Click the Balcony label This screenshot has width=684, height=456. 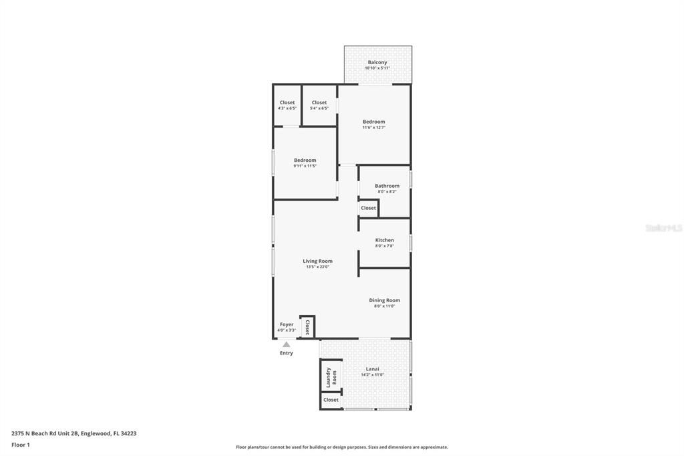(x=377, y=62)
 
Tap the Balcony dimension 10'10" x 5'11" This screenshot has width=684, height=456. (x=377, y=68)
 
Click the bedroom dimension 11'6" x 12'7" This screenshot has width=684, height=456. (x=374, y=128)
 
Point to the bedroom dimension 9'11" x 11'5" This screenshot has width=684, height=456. (x=305, y=166)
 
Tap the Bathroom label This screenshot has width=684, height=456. (x=387, y=186)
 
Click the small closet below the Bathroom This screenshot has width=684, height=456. (x=369, y=208)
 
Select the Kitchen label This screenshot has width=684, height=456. (x=384, y=240)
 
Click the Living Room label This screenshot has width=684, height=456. (x=317, y=261)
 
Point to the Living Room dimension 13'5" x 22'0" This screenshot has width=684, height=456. (x=317, y=267)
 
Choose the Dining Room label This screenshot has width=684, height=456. (x=384, y=300)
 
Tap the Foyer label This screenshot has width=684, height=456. (x=287, y=324)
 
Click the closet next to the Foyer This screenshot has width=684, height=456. (x=307, y=327)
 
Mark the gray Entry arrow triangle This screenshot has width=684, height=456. (x=287, y=344)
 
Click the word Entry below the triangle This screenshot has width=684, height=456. (x=287, y=353)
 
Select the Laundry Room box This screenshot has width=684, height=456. (x=331, y=376)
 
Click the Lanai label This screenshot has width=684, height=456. (x=373, y=368)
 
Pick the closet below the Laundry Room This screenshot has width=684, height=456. (x=331, y=400)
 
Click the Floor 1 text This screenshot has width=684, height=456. (x=21, y=445)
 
